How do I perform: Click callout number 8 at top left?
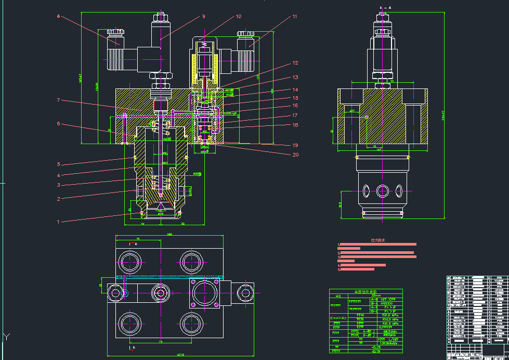59,17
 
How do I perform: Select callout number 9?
203,17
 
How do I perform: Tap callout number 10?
238,17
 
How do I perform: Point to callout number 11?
294,17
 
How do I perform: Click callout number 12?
295,63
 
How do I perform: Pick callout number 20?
295,155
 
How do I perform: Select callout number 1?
59,222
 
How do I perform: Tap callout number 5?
59,164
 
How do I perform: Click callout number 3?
59,185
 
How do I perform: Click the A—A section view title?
385,8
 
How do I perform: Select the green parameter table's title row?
366,292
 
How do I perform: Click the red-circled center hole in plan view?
160,293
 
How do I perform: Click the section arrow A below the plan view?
132,347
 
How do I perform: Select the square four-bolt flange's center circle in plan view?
205,293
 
